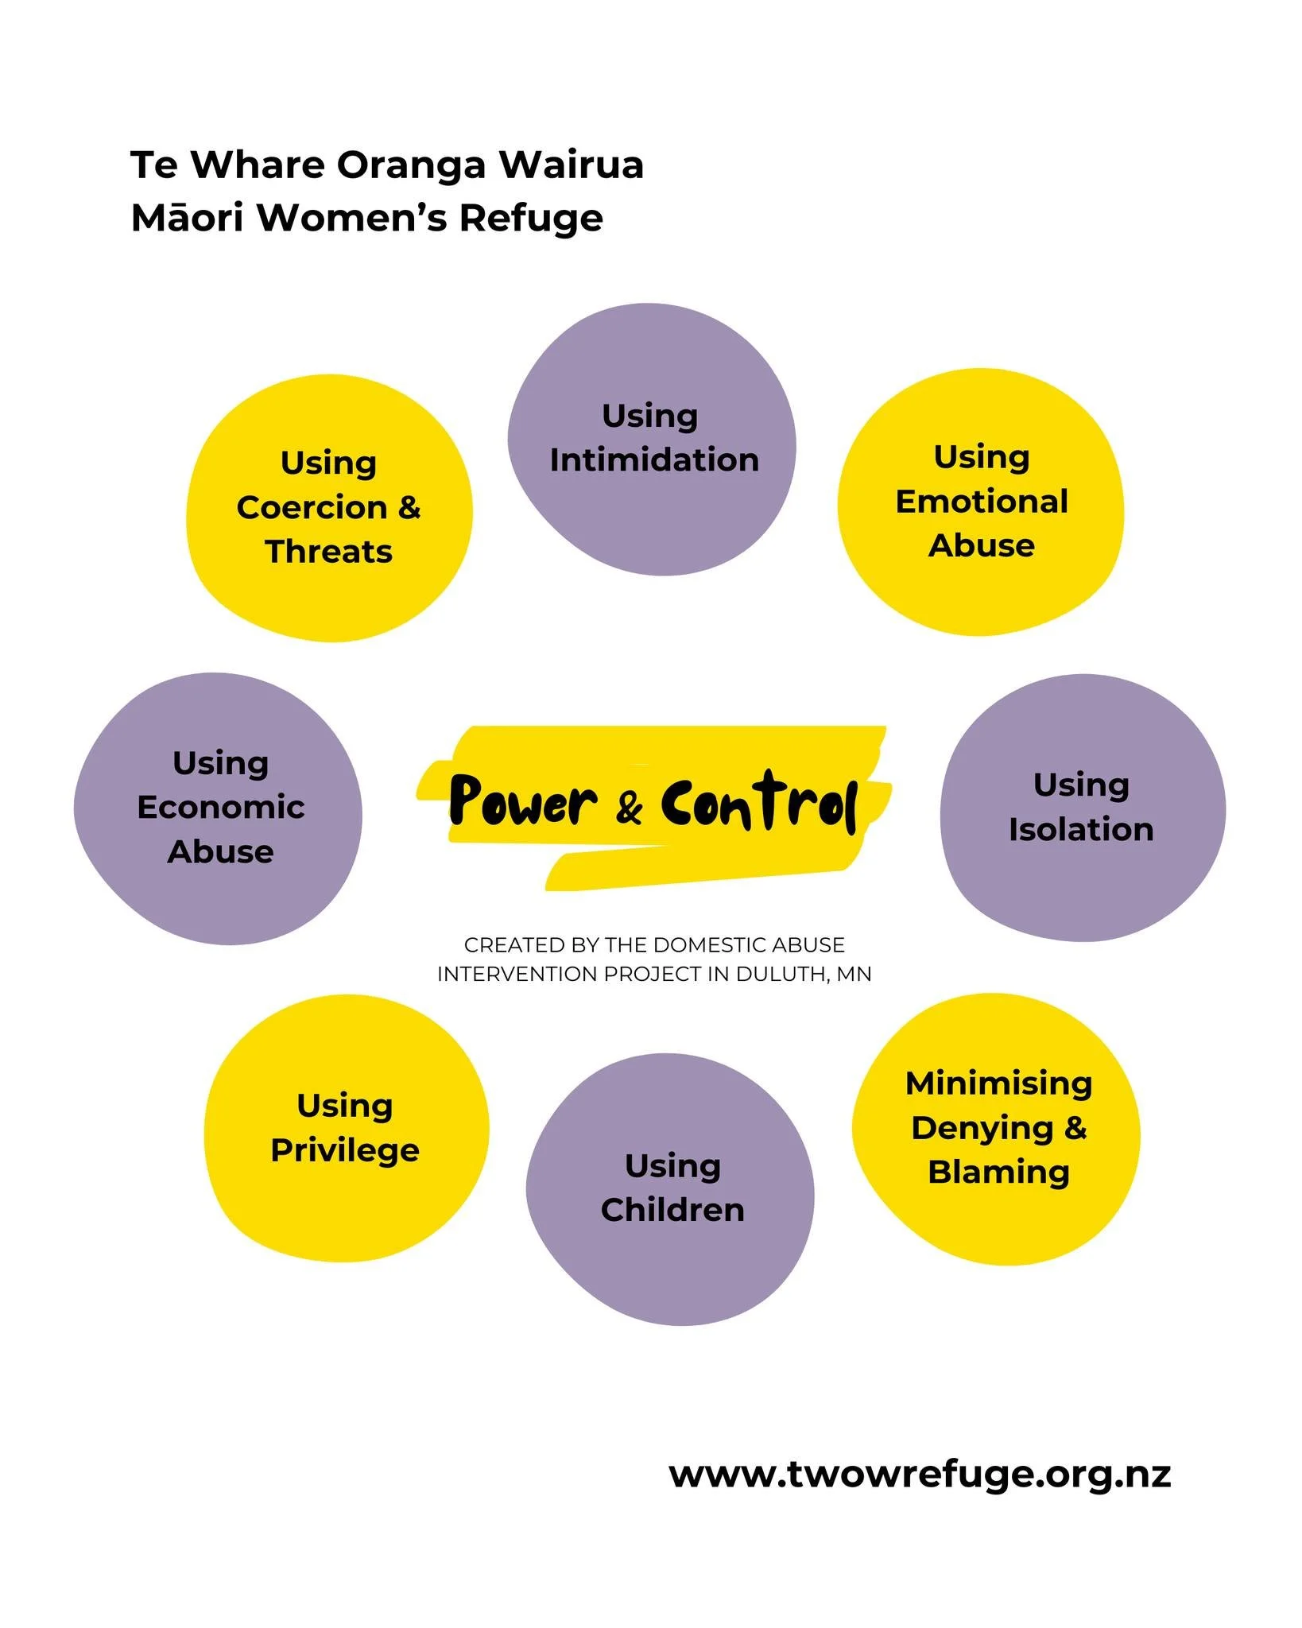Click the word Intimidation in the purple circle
[654, 460]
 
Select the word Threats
[329, 552]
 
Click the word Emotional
[982, 502]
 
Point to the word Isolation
[1081, 829]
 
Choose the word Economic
[221, 807]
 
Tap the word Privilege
[345, 1150]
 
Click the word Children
[672, 1210]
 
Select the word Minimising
[999, 1083]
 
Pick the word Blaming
[999, 1173]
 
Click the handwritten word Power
[523, 801]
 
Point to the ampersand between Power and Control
[629, 808]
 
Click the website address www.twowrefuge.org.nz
[920, 1475]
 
